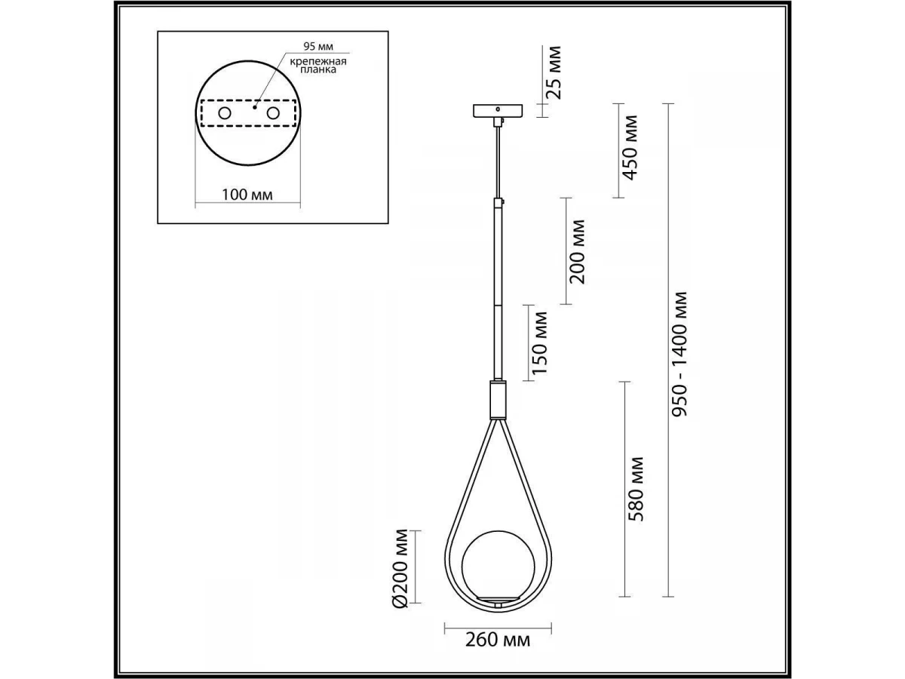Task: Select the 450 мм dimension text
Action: coord(630,148)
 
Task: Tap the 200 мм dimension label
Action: coord(577,251)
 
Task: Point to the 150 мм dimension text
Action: coord(540,343)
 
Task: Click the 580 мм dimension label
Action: coord(635,490)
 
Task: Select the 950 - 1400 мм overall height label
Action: coord(680,354)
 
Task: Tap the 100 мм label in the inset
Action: coord(247,195)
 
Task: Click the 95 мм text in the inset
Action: coord(318,47)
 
